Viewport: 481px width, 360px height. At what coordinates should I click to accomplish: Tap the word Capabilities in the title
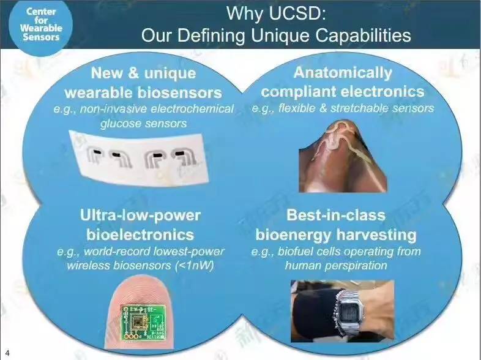point(364,36)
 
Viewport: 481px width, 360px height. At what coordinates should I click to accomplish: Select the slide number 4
point(7,353)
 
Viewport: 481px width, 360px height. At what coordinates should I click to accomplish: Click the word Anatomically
point(343,73)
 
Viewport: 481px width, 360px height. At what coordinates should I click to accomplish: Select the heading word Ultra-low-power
point(140,215)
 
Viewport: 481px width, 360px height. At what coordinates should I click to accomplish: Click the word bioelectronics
point(140,234)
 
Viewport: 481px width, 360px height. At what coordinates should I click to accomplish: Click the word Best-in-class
point(336,215)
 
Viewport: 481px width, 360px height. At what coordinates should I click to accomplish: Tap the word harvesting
point(376,235)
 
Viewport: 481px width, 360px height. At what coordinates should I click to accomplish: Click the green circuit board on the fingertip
point(143,322)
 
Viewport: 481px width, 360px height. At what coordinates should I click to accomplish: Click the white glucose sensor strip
point(139,159)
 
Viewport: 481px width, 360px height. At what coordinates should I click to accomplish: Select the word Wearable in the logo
point(41,28)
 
